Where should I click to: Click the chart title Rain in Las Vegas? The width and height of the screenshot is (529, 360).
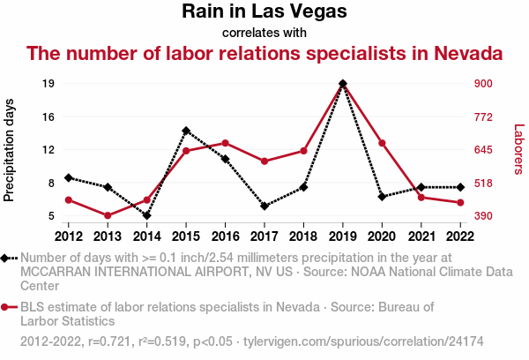[264, 12]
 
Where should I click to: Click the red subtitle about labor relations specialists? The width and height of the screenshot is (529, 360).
[264, 53]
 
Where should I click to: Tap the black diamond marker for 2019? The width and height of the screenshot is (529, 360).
[343, 84]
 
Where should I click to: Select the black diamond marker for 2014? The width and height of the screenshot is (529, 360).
[146, 215]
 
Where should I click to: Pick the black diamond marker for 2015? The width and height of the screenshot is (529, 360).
[186, 131]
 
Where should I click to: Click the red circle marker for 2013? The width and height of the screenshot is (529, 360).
[108, 215]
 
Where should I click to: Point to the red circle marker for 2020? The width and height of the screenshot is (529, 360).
[382, 143]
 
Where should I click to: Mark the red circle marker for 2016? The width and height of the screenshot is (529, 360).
[225, 143]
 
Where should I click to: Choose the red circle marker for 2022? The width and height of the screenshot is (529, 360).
[460, 203]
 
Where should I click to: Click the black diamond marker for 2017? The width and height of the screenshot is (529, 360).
[264, 206]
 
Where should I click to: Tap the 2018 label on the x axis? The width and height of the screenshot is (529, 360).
[303, 236]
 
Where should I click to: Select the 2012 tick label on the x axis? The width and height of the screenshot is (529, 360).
[68, 236]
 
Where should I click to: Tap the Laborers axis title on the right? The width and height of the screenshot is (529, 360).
[518, 148]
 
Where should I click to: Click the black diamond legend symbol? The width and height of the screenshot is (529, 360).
[8, 258]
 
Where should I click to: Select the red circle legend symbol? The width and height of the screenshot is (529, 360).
[8, 307]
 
